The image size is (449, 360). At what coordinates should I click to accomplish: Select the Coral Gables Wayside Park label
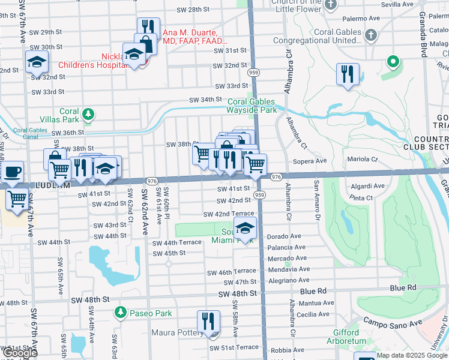[x=252, y=106]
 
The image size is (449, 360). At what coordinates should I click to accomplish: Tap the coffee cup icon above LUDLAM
[x=12, y=171]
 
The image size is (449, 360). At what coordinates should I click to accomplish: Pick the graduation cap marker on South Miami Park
[x=245, y=228]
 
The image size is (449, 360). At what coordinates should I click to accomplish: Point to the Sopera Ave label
[x=309, y=161]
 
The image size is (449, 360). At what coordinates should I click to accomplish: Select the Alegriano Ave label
[x=289, y=280]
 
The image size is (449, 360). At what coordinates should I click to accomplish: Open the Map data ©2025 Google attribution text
[x=412, y=355]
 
